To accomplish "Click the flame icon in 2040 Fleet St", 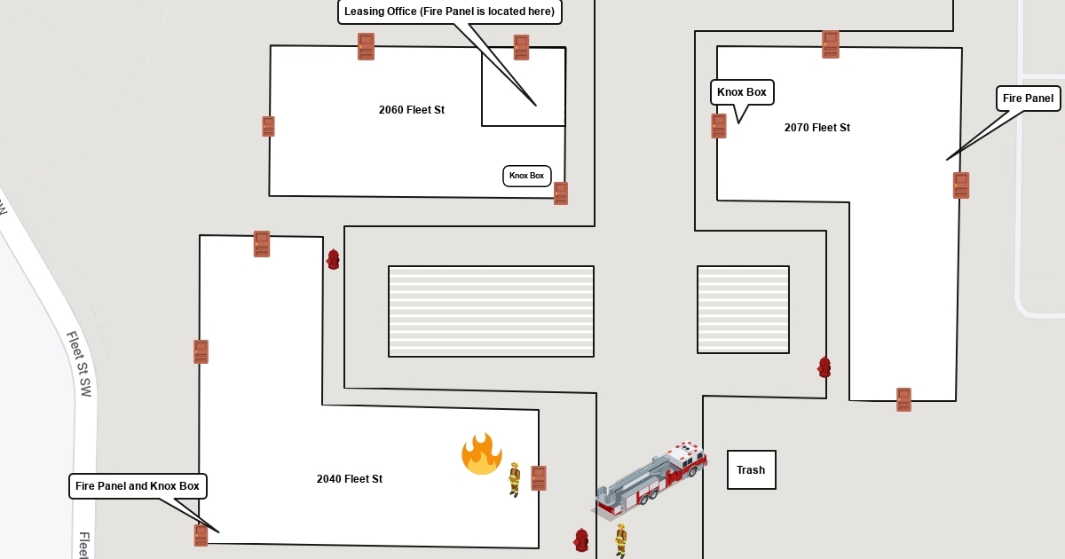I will coord(481,454).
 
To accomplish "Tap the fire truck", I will coord(651,479).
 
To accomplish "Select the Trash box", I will coord(751,469).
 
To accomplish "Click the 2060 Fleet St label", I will coord(411,110).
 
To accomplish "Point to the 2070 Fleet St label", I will coord(816,128).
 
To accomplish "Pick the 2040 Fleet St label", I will coord(349,479).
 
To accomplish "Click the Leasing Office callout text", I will coord(449,12).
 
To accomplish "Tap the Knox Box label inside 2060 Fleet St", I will coord(526,176).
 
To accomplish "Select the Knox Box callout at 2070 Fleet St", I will coord(742,92).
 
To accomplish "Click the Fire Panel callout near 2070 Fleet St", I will coord(1028,98).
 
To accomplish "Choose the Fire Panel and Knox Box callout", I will coord(138,486).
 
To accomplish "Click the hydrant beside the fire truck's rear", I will coord(581,539).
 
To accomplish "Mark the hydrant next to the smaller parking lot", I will coord(824,366).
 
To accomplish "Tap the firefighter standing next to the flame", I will coord(514,478).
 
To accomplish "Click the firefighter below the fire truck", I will coord(621,539).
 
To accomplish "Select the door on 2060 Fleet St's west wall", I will coord(268,126).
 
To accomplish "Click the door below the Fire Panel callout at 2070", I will coord(961,185).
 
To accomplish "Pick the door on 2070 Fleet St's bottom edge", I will coord(903,399).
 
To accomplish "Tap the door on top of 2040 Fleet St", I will coord(261,244).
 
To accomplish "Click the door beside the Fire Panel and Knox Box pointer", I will coord(201,535).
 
